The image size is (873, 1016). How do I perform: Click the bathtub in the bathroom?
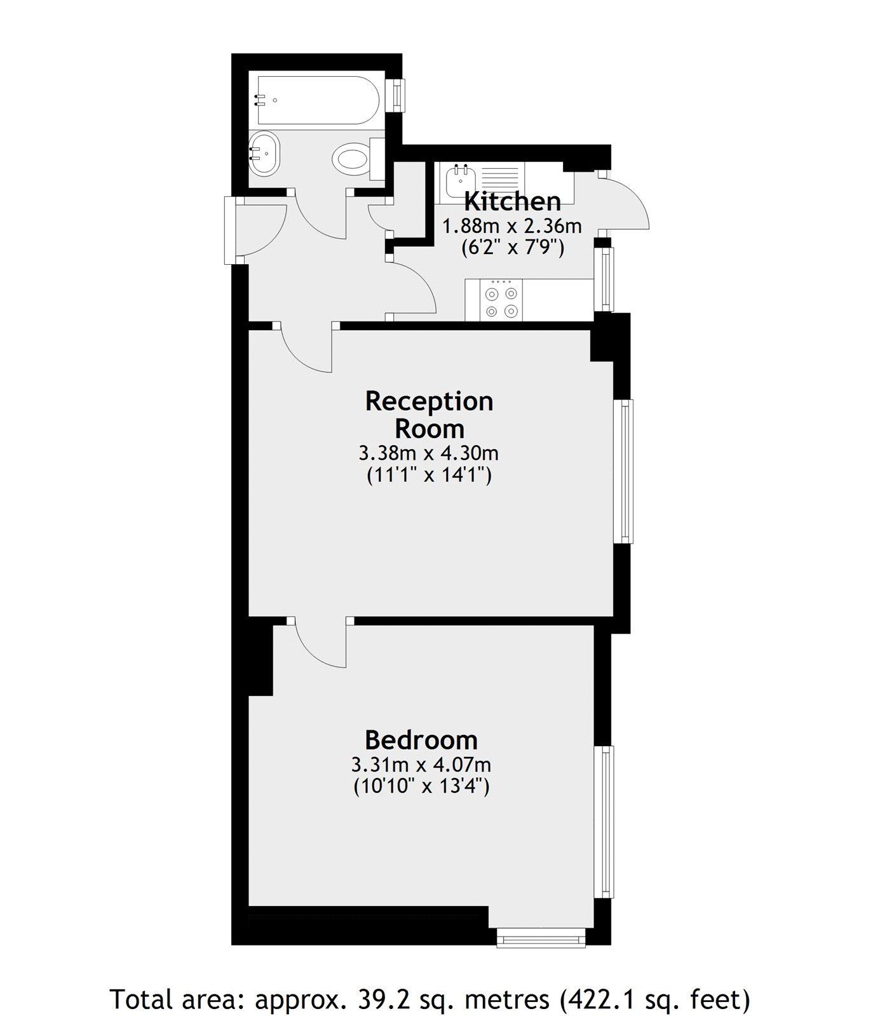pos(318,100)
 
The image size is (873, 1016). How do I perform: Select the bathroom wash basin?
pos(263,153)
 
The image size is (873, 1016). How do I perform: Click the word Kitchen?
pos(512,202)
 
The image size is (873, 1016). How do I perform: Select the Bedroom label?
pos(421,740)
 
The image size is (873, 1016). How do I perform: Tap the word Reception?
pos(429,401)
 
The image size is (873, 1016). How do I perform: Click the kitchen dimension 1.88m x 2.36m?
pos(511,226)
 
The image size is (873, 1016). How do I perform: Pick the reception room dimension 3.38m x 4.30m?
pos(428,453)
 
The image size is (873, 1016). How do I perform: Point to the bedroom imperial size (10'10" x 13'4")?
pos(421,787)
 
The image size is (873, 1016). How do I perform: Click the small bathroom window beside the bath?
pos(398,95)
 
